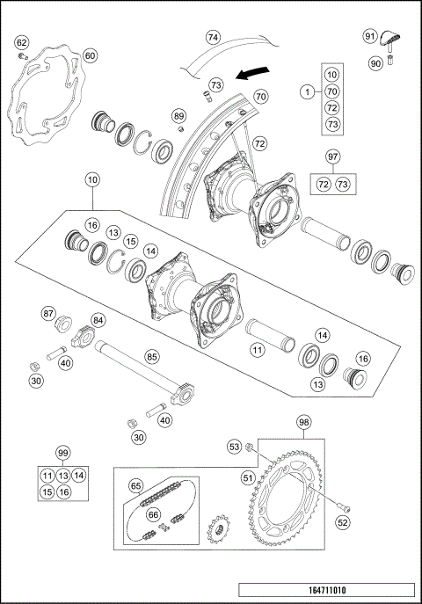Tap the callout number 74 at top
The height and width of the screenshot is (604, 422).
[213, 38]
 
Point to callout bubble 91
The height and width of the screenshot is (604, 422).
[370, 36]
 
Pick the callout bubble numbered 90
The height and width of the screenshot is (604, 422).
[375, 62]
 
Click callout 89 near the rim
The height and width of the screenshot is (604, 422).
[178, 116]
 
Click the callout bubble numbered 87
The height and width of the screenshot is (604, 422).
[49, 312]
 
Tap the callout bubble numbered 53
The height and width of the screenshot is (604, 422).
[234, 448]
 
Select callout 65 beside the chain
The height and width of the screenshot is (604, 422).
[136, 484]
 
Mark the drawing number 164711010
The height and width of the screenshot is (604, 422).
[325, 590]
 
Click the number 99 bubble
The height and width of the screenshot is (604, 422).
[62, 453]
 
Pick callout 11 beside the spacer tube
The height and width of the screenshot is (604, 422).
[257, 351]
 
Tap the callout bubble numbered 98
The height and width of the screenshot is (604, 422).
[303, 423]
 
